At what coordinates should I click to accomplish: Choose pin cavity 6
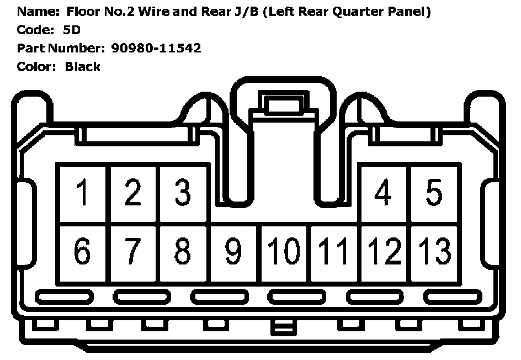click(83, 252)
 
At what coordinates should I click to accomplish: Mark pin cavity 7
click(133, 252)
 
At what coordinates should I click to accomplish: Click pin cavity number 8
click(183, 252)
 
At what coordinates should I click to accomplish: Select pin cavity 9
click(233, 252)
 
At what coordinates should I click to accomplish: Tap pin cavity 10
click(284, 252)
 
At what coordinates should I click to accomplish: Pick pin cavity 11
click(333, 252)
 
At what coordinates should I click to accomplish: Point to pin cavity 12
click(384, 252)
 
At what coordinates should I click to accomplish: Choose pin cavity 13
click(434, 252)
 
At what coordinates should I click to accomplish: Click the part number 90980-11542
click(156, 48)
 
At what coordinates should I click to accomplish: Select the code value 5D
click(72, 30)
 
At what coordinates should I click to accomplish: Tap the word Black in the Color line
click(82, 67)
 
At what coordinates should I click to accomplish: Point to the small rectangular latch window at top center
click(282, 104)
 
